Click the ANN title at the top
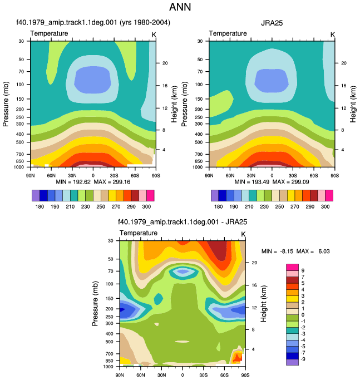point(180,7)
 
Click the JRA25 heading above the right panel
point(272,23)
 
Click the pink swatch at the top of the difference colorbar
point(292,267)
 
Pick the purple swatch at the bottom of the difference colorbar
point(292,362)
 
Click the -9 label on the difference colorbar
point(303,359)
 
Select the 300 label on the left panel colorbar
point(146,206)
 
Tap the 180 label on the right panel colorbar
point(219,206)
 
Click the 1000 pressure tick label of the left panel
point(19,167)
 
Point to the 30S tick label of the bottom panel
point(204,375)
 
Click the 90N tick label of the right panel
point(209,175)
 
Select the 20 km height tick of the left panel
point(165,63)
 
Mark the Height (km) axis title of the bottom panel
point(264,303)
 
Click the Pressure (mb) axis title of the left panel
point(6,104)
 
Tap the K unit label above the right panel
point(333,35)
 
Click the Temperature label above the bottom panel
point(139,233)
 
